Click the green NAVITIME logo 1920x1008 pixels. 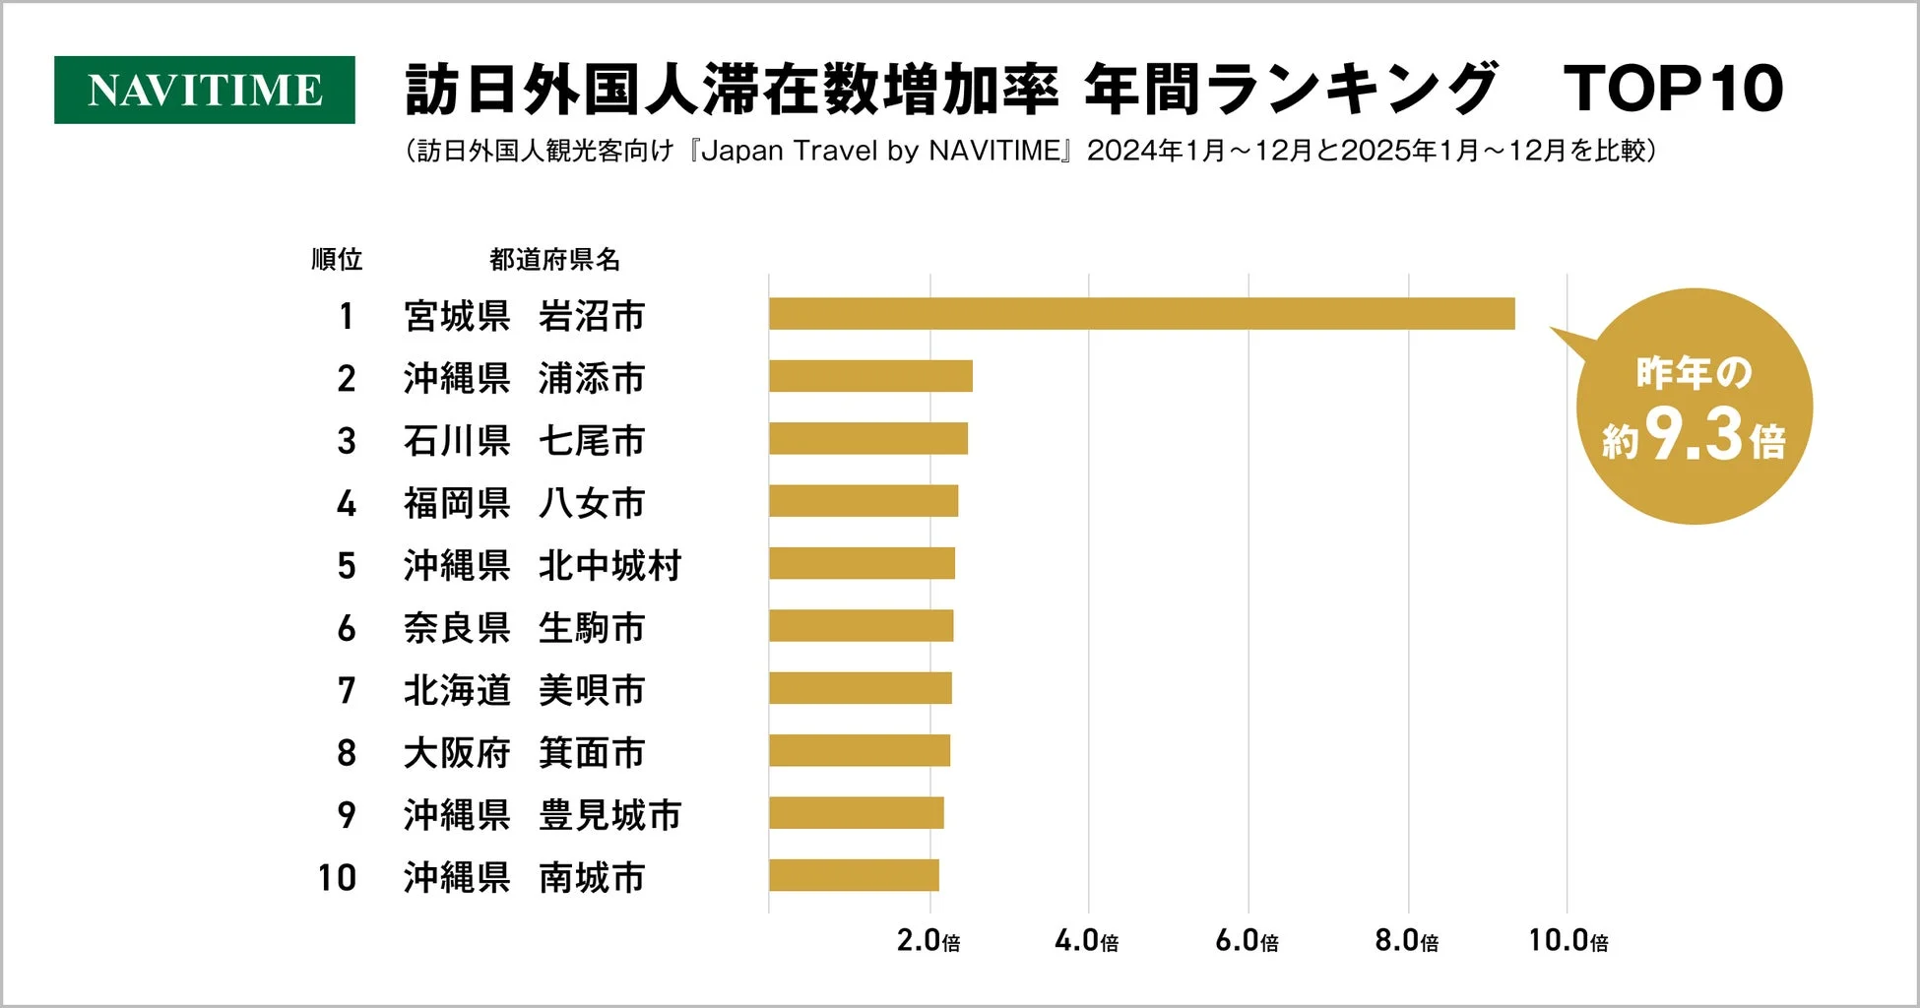pyautogui.click(x=204, y=90)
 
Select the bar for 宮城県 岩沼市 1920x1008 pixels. pyautogui.click(x=1141, y=314)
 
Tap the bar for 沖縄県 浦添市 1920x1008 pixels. pyautogui.click(x=870, y=376)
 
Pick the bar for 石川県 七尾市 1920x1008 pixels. pyautogui.click(x=867, y=439)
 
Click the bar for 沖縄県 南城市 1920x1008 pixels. pyautogui.click(x=854, y=875)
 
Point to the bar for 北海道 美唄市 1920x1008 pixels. pyautogui.click(x=860, y=688)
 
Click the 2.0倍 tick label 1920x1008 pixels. pyautogui.click(x=928, y=941)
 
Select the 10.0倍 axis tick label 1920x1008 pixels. pyautogui.click(x=1568, y=941)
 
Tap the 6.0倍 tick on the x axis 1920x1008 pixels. pyautogui.click(x=1247, y=941)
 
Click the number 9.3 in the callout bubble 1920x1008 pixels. pyautogui.click(x=1694, y=435)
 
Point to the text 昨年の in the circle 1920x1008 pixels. pyautogui.click(x=1694, y=373)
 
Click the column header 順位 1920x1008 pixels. pyautogui.click(x=337, y=260)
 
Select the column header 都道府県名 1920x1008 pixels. pyautogui.click(x=554, y=260)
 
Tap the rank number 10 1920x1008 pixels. pyautogui.click(x=337, y=877)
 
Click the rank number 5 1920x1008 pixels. pyautogui.click(x=346, y=566)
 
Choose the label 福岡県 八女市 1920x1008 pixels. pyautogui.click(x=524, y=503)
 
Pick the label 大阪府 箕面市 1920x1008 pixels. pyautogui.click(x=524, y=753)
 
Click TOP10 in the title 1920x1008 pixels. pyautogui.click(x=1673, y=90)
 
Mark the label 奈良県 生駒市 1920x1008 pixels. pyautogui.click(x=524, y=628)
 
